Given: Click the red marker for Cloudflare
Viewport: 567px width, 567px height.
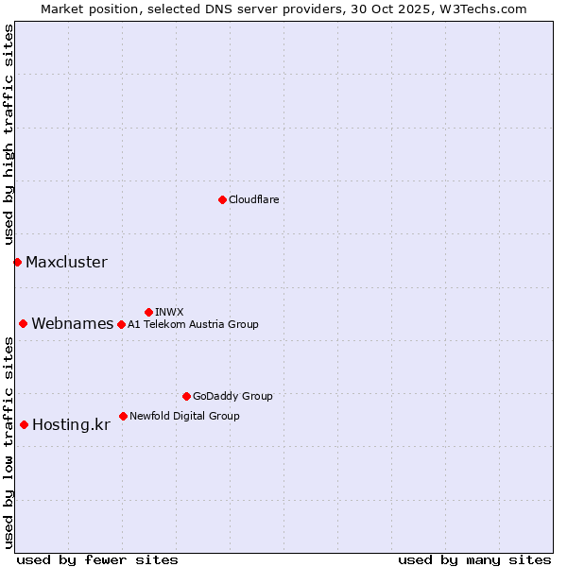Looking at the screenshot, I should [222, 199].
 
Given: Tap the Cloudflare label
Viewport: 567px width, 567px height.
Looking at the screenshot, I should [253, 199].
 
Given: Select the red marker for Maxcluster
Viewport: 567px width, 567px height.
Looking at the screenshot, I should [17, 262].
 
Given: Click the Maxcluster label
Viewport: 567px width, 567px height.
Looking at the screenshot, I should [66, 263].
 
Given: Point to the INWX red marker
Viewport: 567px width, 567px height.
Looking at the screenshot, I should [148, 312].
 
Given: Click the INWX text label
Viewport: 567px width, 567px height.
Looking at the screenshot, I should [169, 312].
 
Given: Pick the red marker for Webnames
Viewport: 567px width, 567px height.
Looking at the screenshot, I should [23, 323].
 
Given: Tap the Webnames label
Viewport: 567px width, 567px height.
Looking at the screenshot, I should [73, 324].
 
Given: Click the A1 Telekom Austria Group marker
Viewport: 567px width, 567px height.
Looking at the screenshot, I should [121, 324].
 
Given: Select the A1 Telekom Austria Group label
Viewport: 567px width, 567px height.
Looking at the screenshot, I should [193, 324].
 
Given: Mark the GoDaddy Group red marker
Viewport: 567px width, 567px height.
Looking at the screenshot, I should [186, 396].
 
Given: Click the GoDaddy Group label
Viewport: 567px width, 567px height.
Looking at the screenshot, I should [232, 396].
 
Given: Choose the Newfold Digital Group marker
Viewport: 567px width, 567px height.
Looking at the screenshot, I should [123, 416].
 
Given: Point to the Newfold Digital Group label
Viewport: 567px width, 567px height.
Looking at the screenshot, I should [184, 416].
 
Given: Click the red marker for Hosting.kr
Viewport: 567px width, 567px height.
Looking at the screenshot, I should [24, 424].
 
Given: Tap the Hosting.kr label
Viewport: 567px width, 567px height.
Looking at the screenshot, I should [71, 425].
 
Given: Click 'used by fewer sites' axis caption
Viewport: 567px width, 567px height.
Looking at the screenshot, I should [97, 559].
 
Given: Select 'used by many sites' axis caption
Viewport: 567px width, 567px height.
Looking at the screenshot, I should [474, 559].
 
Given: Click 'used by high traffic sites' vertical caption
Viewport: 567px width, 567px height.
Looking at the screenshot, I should [9, 134].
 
